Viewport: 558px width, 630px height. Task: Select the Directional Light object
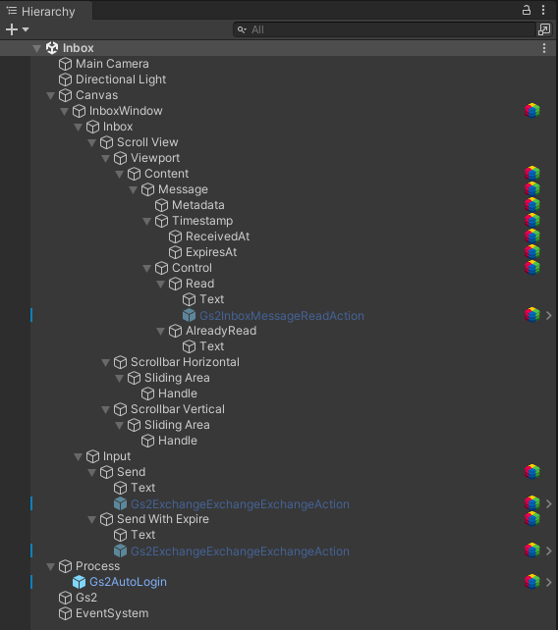[x=121, y=79]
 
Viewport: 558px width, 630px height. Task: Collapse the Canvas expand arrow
[x=51, y=95]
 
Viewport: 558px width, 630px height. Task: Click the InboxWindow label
[x=126, y=111]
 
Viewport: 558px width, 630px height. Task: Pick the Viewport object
[x=155, y=158]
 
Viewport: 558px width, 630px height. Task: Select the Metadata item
[x=197, y=205]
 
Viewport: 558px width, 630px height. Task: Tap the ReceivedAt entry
[x=217, y=236]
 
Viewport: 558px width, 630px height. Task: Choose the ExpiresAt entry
[x=211, y=252]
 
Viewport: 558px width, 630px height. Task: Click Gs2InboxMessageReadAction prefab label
[x=282, y=316]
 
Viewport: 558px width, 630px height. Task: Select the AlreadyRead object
[x=221, y=331]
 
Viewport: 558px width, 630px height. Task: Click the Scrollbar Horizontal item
[x=185, y=362]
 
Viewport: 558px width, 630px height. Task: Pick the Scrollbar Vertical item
[x=178, y=409]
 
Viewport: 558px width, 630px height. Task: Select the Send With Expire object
[x=162, y=519]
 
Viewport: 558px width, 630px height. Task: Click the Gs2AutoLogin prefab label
[x=128, y=582]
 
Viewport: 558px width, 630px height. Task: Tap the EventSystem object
[x=112, y=613]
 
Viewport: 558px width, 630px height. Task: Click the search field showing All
[x=384, y=29]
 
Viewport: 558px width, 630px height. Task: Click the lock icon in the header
[x=527, y=10]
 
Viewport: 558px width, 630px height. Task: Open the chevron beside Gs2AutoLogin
[x=549, y=582]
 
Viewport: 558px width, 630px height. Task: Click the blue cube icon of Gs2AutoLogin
[x=79, y=582]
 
